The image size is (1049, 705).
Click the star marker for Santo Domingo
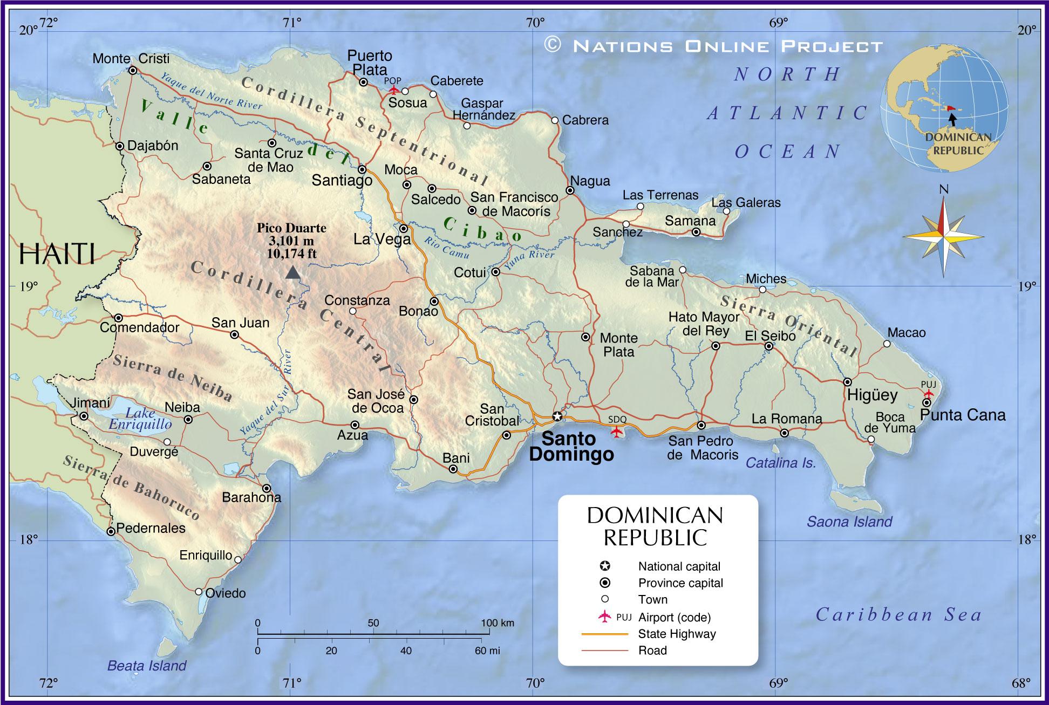pyautogui.click(x=557, y=416)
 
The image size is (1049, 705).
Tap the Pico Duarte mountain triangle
pyautogui.click(x=292, y=272)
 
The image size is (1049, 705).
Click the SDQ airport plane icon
pyautogui.click(x=616, y=432)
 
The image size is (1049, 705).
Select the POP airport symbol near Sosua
pyautogui.click(x=394, y=90)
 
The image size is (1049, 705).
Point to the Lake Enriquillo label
pyautogui.click(x=140, y=419)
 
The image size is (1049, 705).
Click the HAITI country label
pyautogui.click(x=57, y=254)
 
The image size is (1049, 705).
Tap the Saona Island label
pyautogui.click(x=849, y=522)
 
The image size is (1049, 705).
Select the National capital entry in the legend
pyautogui.click(x=679, y=566)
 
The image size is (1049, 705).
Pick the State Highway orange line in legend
pyautogui.click(x=604, y=634)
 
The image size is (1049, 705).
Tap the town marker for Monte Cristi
pyautogui.click(x=133, y=70)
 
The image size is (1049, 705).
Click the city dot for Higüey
pyautogui.click(x=848, y=382)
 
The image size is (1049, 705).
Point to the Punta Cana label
pyautogui.click(x=963, y=415)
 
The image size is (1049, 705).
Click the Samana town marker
pyautogui.click(x=696, y=232)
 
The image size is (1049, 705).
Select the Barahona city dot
pyautogui.click(x=267, y=488)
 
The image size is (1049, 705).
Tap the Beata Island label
pyautogui.click(x=147, y=666)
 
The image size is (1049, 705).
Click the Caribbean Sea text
pyautogui.click(x=898, y=614)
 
